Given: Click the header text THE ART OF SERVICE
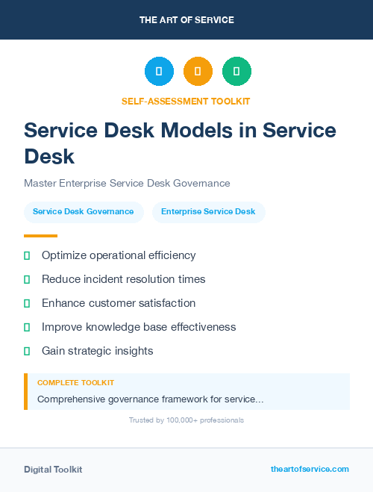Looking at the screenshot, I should click(186, 19).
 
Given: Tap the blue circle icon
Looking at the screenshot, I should click(159, 72).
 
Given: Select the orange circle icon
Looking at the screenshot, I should click(198, 72).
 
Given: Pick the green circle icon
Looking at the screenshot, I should click(236, 72).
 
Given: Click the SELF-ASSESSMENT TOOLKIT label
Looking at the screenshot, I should click(186, 101).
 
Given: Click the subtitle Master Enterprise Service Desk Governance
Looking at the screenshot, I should click(127, 183).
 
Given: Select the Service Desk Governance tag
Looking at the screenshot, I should click(84, 212).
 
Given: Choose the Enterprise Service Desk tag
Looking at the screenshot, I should click(208, 212).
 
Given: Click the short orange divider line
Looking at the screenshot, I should click(40, 236).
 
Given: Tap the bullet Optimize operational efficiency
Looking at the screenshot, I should click(119, 255).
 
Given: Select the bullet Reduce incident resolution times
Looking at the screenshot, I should click(123, 279).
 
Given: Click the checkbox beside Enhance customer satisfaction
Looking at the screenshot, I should click(27, 303).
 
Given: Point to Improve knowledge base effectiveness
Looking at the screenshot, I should click(139, 327).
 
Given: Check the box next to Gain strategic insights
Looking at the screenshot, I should click(27, 351).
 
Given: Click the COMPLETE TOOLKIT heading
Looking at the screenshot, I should click(75, 382).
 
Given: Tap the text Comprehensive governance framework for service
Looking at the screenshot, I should click(150, 399).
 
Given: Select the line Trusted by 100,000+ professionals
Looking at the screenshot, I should click(186, 420).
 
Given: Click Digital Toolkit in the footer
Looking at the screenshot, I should click(53, 470).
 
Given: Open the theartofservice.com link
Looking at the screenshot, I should click(310, 469).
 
